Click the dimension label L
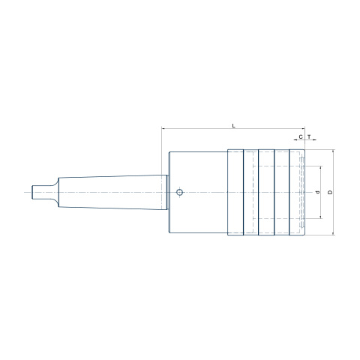[x=234, y=125]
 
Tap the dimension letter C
[x=301, y=136]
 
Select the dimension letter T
[x=309, y=136]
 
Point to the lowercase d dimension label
[x=318, y=192]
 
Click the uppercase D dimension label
[x=330, y=192]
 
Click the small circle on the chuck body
[x=179, y=192]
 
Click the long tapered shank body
[x=112, y=192]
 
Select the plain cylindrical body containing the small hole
[x=199, y=192]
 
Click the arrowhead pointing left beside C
[x=295, y=140]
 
